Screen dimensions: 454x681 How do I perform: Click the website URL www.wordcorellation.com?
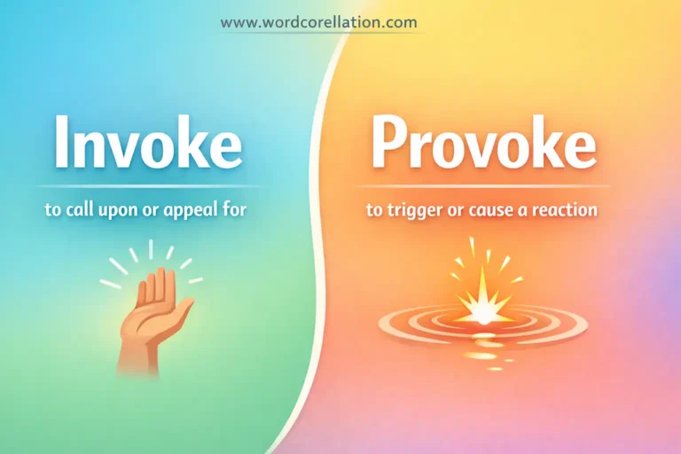click(x=318, y=22)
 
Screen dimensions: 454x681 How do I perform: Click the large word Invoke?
click(x=147, y=142)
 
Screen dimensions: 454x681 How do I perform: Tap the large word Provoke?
click(x=483, y=142)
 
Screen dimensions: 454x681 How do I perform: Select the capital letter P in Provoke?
click(x=387, y=142)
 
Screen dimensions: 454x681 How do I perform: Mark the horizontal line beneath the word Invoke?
click(x=147, y=186)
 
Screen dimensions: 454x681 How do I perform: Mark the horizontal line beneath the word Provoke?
click(x=483, y=186)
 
